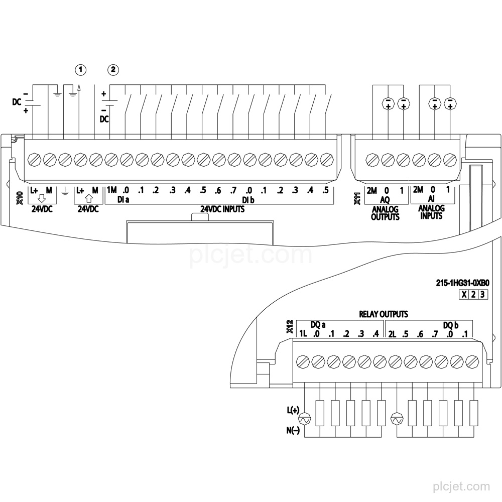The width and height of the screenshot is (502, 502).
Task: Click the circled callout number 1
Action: [81, 69]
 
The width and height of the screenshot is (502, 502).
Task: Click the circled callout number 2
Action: [112, 69]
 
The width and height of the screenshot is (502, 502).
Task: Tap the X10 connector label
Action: [20, 198]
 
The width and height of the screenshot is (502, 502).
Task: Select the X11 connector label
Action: [357, 198]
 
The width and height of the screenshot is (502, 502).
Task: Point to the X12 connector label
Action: [290, 327]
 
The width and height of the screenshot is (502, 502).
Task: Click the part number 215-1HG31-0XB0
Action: [463, 283]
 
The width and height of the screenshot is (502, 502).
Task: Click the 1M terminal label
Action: [112, 190]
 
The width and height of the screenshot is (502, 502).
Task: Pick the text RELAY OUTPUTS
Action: [384, 314]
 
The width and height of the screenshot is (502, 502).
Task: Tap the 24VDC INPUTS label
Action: [222, 209]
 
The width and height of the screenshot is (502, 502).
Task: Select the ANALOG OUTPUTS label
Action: [385, 213]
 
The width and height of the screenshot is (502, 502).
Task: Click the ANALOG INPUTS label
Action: [431, 212]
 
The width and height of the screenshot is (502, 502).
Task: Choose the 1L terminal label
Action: [303, 334]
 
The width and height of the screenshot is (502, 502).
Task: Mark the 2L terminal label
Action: [392, 334]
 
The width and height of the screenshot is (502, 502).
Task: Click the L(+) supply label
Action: [293, 410]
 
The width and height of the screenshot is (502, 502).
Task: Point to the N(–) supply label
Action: [293, 431]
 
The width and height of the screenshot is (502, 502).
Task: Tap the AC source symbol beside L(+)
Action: [304, 419]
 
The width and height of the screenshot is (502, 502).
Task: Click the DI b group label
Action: [248, 200]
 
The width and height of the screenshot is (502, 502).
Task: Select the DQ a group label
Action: [318, 325]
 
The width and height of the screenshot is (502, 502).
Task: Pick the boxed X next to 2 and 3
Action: [464, 295]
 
